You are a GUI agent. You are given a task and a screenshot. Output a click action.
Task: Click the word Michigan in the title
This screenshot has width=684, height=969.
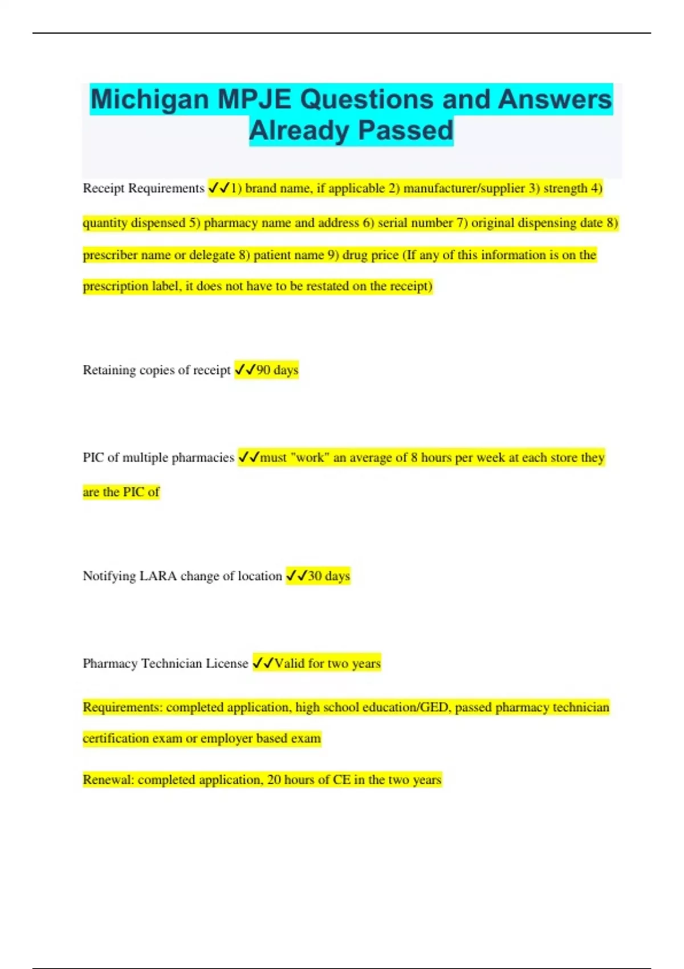click(x=149, y=99)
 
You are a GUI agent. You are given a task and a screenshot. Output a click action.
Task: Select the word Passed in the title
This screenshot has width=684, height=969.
click(x=406, y=131)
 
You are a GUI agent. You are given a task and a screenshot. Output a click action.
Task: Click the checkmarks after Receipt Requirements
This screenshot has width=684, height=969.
click(x=219, y=188)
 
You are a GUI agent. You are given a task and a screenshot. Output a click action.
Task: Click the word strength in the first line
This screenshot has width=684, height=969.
click(x=565, y=188)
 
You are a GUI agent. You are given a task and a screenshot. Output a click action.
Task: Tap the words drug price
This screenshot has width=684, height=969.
click(x=370, y=255)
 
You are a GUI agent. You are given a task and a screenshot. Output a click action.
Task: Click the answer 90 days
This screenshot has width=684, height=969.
click(x=277, y=370)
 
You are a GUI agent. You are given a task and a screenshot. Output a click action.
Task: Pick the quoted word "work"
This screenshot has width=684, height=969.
click(x=310, y=457)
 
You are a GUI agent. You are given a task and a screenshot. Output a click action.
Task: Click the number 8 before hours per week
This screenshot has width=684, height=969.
click(x=414, y=457)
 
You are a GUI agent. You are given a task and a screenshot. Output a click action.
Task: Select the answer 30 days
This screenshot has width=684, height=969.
click(x=329, y=576)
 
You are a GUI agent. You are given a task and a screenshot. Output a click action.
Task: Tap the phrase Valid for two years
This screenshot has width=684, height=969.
click(x=328, y=663)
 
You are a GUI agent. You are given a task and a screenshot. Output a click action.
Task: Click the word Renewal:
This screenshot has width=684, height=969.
click(x=108, y=780)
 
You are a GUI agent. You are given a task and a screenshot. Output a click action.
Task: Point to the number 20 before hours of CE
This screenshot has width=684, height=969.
click(x=274, y=780)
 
